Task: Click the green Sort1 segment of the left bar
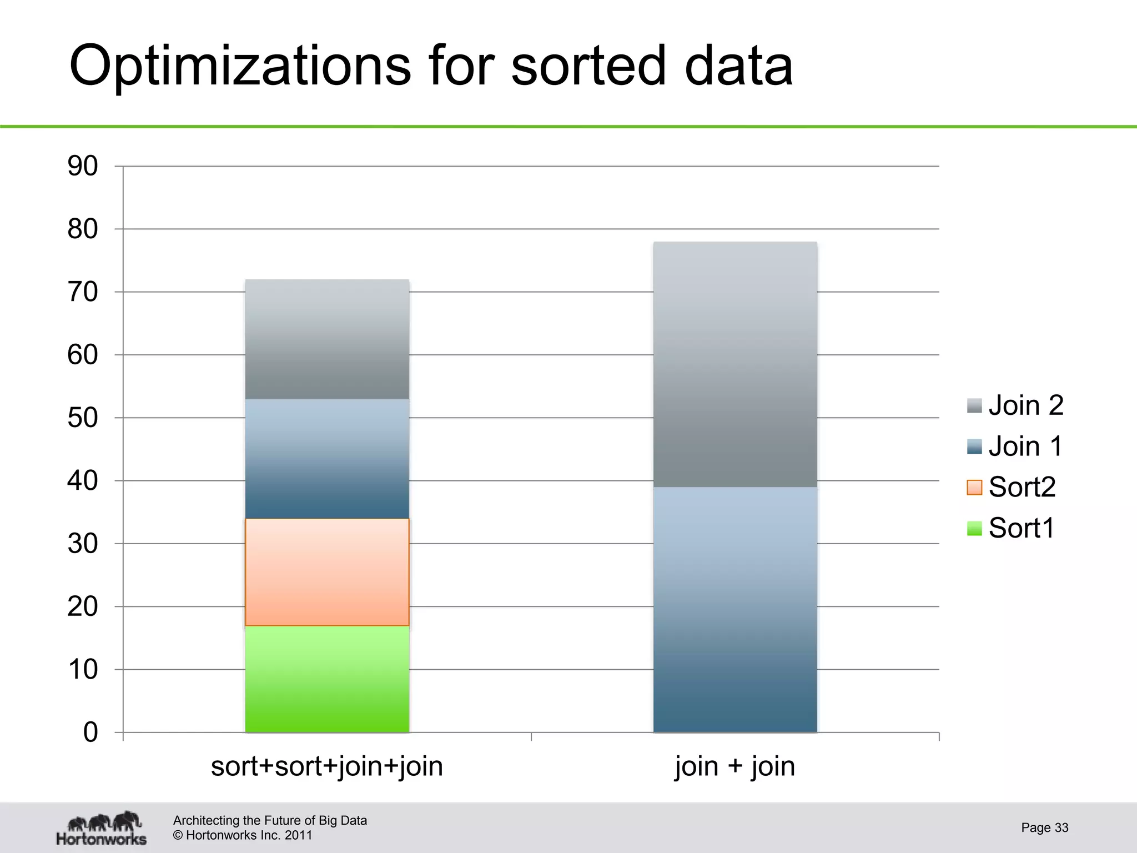tap(327, 679)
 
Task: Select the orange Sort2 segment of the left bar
tap(327, 572)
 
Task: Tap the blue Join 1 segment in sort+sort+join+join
tap(327, 459)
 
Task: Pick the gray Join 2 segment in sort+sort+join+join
tap(327, 339)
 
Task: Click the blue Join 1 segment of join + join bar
tap(735, 610)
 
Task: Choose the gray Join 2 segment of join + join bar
tap(735, 364)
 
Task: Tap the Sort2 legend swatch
tap(974, 487)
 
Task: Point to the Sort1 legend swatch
tap(974, 528)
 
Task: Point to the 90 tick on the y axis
tap(83, 166)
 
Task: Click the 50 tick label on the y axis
tap(83, 418)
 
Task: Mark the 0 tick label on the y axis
tap(90, 732)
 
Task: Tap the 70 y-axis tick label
tap(83, 292)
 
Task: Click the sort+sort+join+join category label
tap(327, 767)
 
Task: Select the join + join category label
tap(735, 767)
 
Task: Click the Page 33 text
tap(1044, 827)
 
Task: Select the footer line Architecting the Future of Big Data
tap(270, 820)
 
